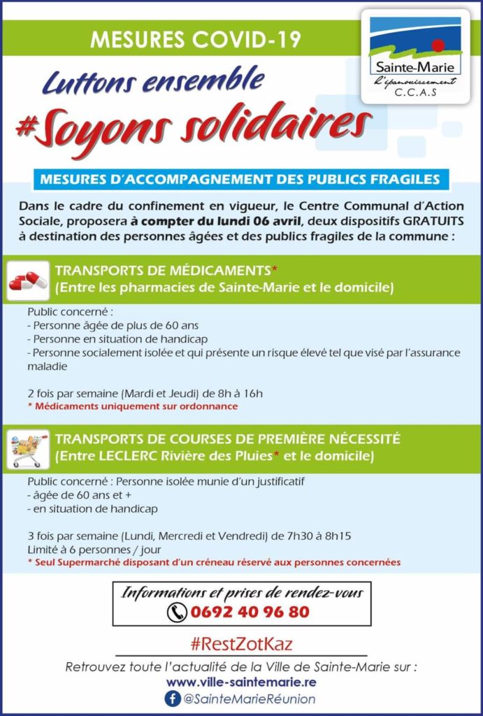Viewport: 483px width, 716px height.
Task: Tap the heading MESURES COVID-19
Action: pos(195,39)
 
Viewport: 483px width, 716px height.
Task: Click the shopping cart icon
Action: pos(29,448)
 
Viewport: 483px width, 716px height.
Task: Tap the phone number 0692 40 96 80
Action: pos(250,613)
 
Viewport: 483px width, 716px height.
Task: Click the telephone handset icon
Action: pos(176,613)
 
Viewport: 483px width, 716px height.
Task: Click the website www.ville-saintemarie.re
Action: pos(241,682)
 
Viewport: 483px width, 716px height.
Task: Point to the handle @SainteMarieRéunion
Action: pos(249,699)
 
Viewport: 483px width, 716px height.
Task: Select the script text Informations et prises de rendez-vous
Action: pos(242,593)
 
